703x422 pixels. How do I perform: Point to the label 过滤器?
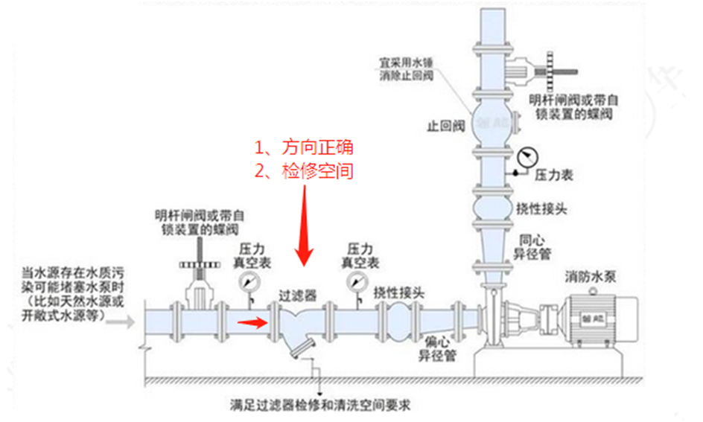(x=297, y=294)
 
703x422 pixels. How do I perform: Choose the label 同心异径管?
(x=534, y=247)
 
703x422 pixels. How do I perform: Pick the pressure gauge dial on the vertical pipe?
(x=527, y=157)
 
